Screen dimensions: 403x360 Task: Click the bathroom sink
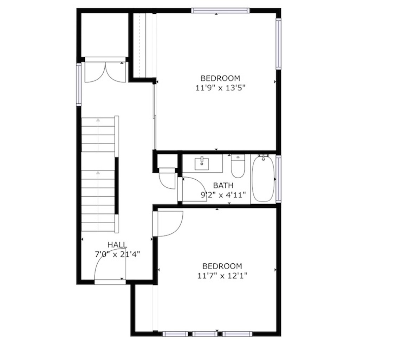point(202,164)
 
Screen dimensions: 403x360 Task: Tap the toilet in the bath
point(238,166)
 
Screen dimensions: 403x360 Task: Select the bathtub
point(263,179)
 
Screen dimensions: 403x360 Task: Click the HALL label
point(117,245)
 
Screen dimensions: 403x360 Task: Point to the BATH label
point(223,185)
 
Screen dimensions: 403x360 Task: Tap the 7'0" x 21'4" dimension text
point(117,255)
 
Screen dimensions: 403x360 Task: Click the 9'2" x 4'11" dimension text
point(223,195)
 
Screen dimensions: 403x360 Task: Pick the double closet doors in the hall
point(105,72)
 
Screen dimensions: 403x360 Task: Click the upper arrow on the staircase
point(98,134)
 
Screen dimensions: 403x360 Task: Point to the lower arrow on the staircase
point(98,201)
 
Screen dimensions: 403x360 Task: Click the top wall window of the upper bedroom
point(220,11)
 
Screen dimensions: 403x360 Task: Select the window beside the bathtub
point(279,179)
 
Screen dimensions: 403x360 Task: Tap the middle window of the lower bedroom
point(205,334)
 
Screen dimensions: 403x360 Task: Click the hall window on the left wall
point(79,84)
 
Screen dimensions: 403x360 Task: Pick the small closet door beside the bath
point(167,179)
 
